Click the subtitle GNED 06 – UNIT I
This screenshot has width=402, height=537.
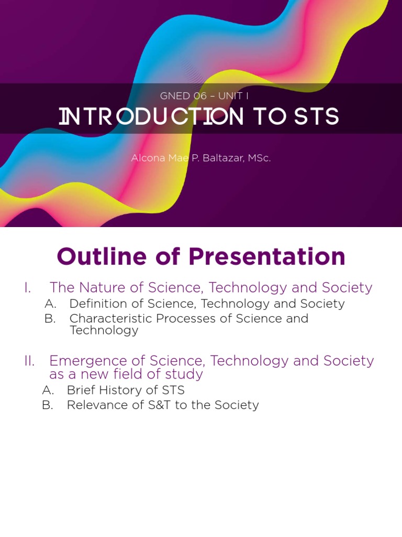coord(201,96)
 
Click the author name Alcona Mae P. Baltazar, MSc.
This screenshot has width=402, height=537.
coord(201,158)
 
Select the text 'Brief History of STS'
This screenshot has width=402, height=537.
coord(126,390)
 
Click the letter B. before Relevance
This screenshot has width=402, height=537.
coord(48,405)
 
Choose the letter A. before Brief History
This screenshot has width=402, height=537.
coord(48,390)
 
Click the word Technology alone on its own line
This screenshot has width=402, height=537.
coord(104,330)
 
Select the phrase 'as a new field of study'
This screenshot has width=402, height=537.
coord(126,374)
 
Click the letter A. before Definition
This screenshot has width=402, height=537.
coord(50,304)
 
